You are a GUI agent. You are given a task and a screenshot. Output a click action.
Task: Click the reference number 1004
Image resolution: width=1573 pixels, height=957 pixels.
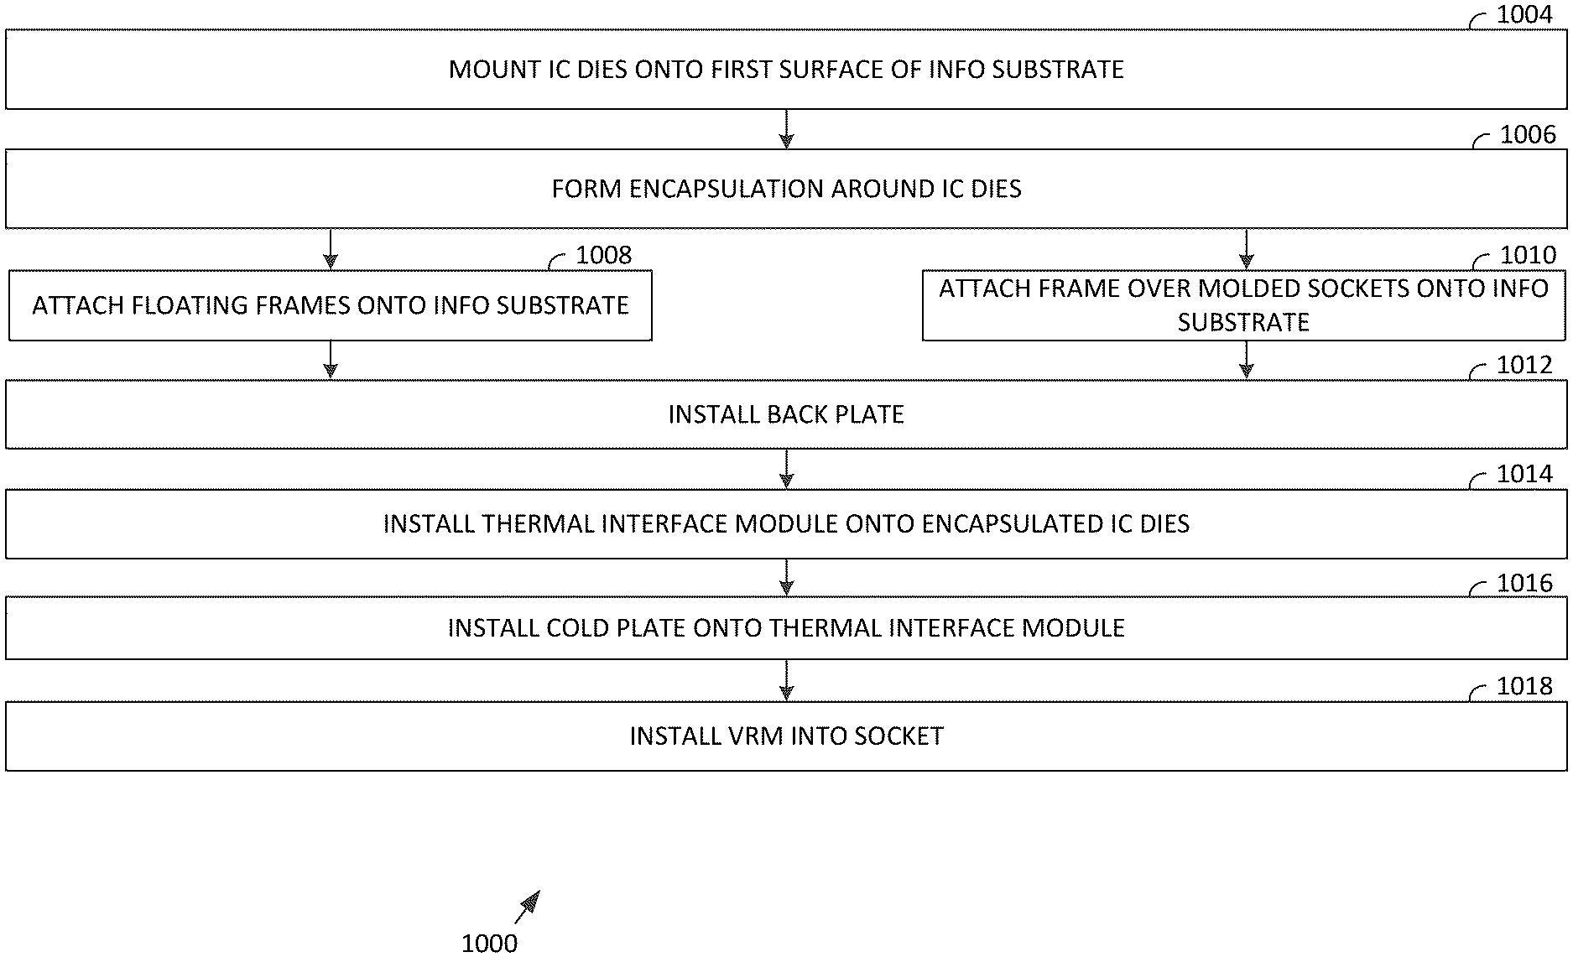(x=1524, y=15)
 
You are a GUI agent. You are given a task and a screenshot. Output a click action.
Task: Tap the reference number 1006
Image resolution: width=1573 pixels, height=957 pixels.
(x=1527, y=135)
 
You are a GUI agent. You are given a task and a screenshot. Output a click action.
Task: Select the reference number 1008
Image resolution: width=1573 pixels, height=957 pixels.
(x=603, y=255)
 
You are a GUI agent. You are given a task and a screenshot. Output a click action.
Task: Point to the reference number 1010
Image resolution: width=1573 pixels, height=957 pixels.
(x=1528, y=255)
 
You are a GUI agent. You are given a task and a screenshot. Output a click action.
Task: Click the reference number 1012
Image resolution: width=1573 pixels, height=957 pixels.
(x=1524, y=365)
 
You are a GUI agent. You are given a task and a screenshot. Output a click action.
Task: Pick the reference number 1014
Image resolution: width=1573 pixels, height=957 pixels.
(x=1524, y=475)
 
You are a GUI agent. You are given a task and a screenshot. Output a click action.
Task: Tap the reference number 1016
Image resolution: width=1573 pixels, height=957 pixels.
(x=1524, y=584)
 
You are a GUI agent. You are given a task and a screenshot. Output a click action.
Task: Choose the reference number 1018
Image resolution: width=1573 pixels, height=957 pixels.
(x=1524, y=687)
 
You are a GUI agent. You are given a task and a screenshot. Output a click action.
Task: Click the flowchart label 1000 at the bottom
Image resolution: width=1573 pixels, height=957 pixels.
(x=489, y=943)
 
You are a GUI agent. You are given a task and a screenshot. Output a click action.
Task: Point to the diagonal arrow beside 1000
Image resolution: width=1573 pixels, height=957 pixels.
(x=528, y=907)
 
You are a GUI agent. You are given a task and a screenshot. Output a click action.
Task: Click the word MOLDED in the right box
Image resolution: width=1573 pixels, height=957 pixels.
(x=1251, y=289)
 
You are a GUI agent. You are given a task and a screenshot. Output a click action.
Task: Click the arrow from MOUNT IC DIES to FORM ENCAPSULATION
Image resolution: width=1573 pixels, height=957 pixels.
(x=786, y=130)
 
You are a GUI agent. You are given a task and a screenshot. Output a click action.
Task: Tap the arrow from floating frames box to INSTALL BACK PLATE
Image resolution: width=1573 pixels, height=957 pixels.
(x=331, y=360)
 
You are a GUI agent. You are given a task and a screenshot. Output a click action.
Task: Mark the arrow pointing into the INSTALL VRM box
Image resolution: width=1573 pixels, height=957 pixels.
(x=786, y=681)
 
